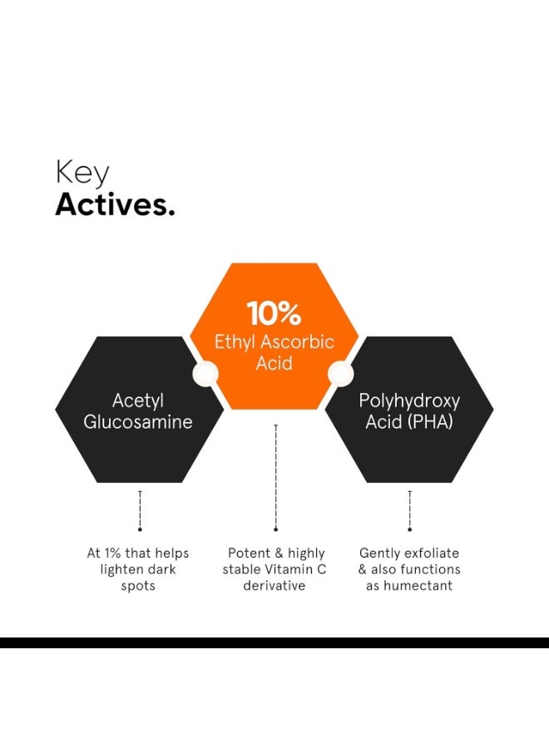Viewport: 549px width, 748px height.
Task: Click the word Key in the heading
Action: coord(82,173)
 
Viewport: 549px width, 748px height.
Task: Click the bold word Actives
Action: coord(115,204)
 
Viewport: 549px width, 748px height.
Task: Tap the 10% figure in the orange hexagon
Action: coord(274,313)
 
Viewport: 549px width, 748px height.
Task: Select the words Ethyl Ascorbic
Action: coord(274,342)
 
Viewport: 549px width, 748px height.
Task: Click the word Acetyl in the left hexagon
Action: coord(138,401)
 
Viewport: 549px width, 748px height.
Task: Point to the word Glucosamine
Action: coord(138,421)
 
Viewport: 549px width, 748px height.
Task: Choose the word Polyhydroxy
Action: coord(409,401)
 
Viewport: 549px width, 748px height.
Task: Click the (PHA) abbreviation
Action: coord(431,422)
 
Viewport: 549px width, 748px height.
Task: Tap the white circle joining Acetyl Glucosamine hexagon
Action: coord(205,373)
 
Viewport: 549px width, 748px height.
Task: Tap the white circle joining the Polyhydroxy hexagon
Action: coord(341,373)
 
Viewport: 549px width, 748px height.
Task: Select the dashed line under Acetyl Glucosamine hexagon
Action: coord(140,510)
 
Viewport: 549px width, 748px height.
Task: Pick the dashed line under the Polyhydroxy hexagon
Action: coord(409,510)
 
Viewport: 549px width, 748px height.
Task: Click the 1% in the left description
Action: coord(112,553)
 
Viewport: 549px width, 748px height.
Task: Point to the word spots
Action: coord(138,586)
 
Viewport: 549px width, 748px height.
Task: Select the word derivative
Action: coord(274,585)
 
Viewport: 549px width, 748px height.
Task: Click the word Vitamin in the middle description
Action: coord(288,569)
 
